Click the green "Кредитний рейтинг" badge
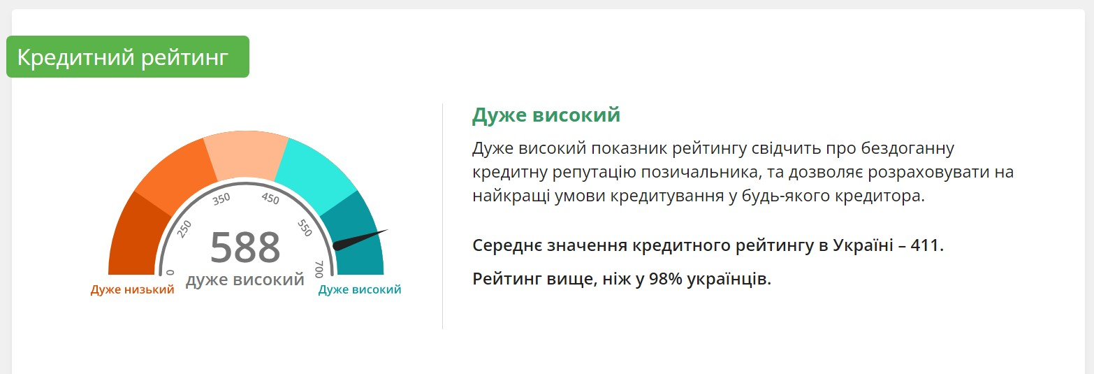127,57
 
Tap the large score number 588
245,247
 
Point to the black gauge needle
360,240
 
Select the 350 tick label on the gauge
221,199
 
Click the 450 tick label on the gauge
270,198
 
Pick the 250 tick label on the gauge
184,229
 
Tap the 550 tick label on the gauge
305,228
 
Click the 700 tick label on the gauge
319,269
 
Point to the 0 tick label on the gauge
170,273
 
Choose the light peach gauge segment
246,154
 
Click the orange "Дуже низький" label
132,289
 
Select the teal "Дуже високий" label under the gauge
360,289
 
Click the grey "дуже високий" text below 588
245,280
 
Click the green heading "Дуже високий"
546,115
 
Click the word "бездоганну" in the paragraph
907,148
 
